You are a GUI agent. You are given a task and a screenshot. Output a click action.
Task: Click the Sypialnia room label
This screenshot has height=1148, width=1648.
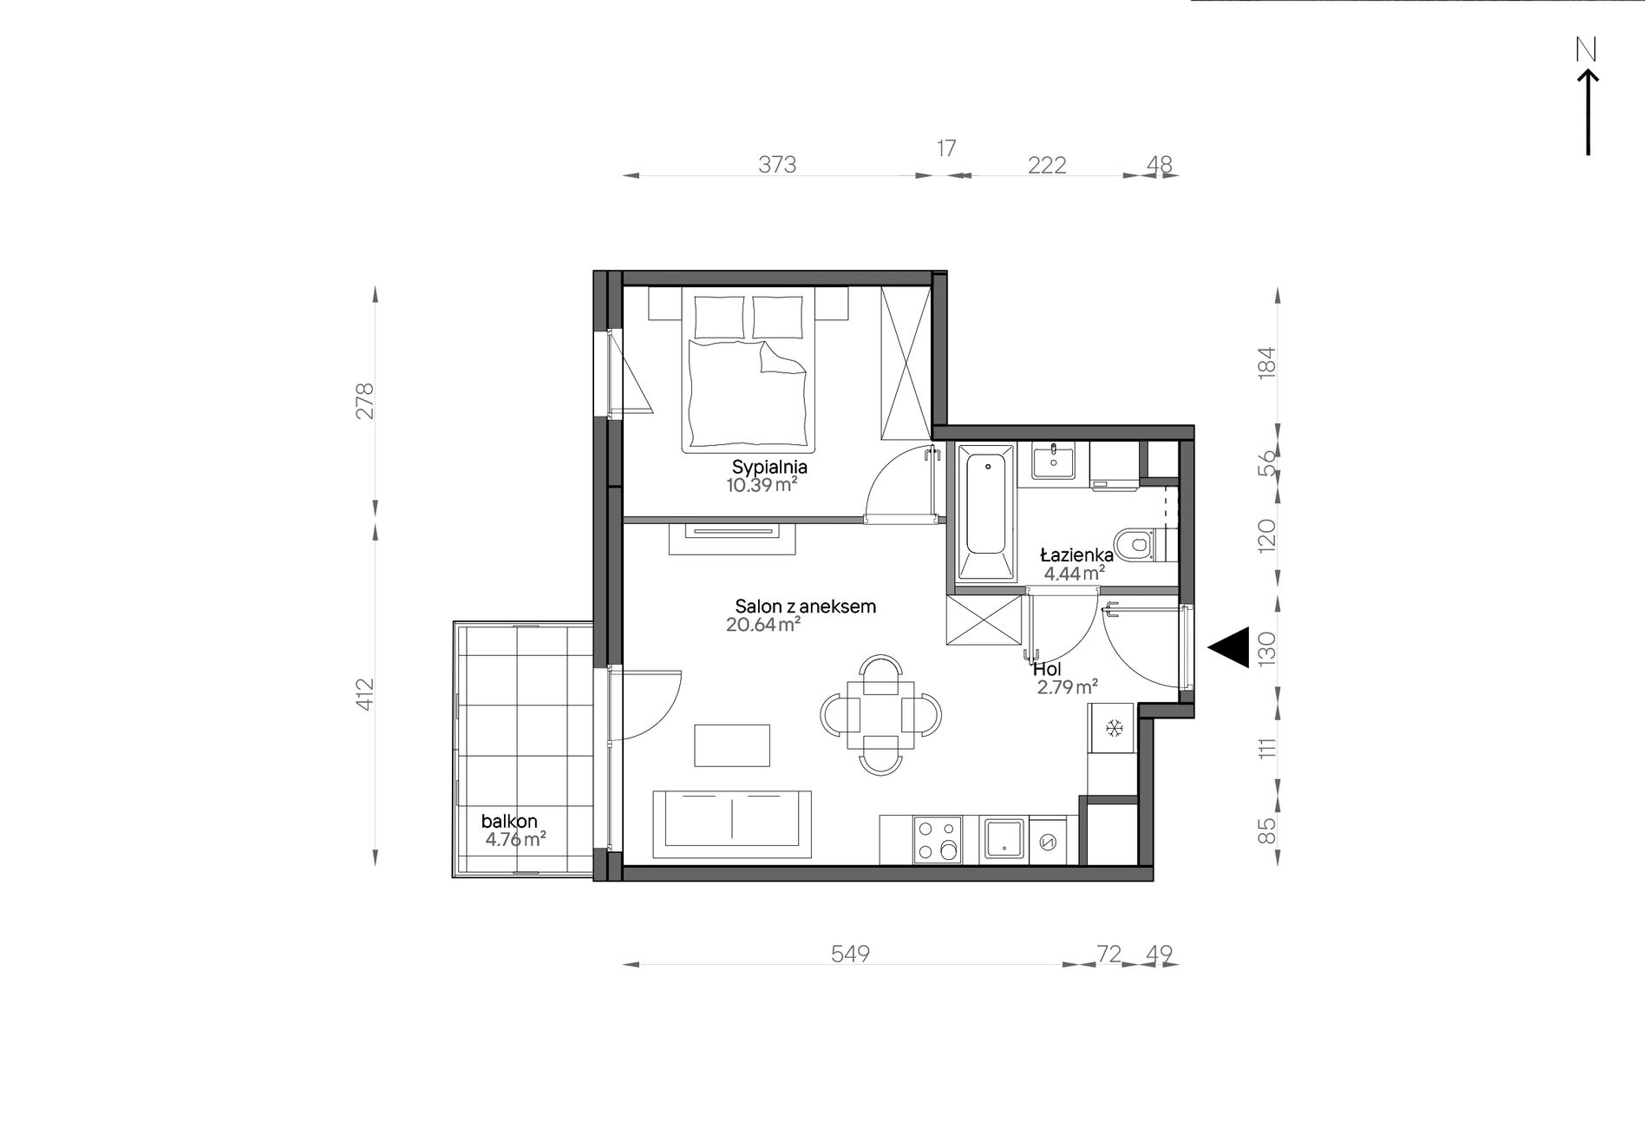point(769,467)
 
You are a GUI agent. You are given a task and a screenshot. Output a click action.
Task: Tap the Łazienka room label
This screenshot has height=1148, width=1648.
point(1076,555)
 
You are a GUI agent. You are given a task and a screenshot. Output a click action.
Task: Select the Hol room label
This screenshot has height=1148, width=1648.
point(1047,670)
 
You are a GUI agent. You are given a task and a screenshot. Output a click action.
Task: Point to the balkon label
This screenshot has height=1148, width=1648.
point(510,821)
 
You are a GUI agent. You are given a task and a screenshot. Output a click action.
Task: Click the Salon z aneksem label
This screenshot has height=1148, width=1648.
point(805,607)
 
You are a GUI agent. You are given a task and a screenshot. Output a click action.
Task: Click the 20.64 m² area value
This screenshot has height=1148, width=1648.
point(763,624)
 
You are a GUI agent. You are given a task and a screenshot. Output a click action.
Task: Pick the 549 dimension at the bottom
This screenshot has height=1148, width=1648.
point(850,954)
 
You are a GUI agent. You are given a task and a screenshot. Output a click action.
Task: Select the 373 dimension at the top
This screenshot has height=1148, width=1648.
point(777,164)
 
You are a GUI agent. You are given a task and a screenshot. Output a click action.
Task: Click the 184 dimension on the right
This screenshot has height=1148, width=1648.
point(1267,361)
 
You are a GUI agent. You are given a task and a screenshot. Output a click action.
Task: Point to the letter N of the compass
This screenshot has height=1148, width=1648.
point(1586,51)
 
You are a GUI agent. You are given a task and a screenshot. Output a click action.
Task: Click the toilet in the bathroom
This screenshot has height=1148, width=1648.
point(1143,545)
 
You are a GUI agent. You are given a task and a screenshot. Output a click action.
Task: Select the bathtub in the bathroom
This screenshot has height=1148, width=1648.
point(985,512)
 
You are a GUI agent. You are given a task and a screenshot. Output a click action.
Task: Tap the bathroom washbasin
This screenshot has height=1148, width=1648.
point(1053,461)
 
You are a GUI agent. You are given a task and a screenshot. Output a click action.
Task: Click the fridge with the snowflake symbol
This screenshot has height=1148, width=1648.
point(1113,728)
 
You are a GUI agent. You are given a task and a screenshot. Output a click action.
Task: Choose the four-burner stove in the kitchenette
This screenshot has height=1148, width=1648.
point(937,840)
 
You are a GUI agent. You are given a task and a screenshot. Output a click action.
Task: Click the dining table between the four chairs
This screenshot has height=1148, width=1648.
point(881,714)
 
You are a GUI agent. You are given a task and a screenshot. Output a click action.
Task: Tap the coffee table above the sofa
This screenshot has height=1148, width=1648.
point(732,745)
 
